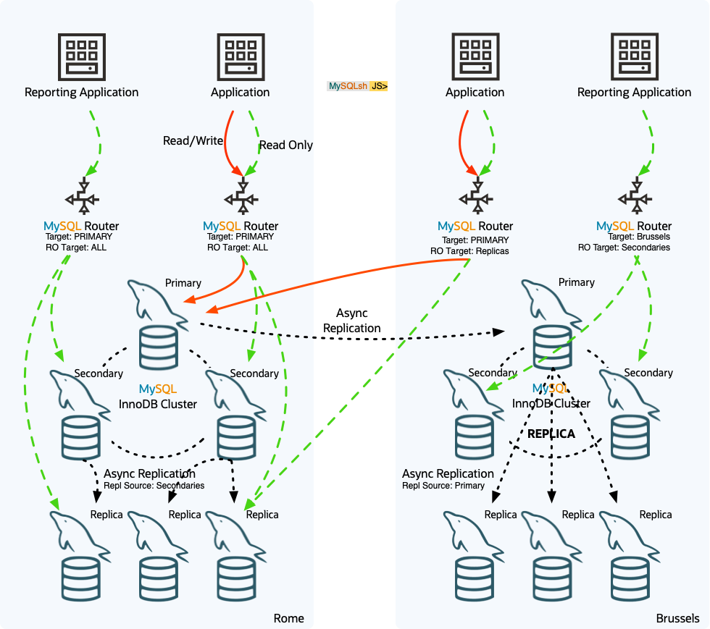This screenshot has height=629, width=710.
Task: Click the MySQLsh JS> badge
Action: (358, 86)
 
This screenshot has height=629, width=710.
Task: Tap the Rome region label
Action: (288, 618)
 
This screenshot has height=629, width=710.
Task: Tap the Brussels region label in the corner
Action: (677, 618)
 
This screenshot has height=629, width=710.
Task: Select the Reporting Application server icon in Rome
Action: (81, 56)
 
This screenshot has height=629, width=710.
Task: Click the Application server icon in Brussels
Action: (475, 56)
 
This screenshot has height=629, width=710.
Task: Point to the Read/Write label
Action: (192, 141)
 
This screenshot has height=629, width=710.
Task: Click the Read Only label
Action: (285, 145)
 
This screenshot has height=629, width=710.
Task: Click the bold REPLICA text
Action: (551, 434)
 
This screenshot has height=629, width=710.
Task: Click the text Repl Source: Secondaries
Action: (154, 486)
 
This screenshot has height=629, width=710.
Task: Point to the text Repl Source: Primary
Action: (443, 486)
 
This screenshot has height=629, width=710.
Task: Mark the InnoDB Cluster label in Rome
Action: (157, 404)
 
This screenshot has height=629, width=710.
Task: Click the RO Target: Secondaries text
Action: (624, 248)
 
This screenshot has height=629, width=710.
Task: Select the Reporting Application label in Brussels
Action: (634, 92)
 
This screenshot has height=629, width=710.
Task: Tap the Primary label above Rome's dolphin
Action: (183, 282)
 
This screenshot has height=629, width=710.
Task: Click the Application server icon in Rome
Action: (240, 56)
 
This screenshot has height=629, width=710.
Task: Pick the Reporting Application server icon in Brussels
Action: (634, 56)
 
